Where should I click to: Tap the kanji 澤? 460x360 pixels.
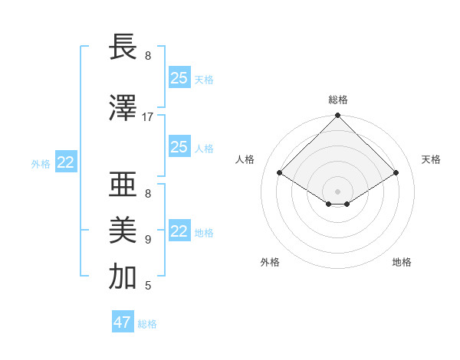[123, 108]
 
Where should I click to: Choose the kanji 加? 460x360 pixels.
[123, 277]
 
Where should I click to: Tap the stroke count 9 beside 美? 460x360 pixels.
[148, 239]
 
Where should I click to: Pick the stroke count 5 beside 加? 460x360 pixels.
[148, 286]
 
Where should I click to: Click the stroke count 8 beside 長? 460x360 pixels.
[148, 56]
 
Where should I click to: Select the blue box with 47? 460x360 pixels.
[123, 322]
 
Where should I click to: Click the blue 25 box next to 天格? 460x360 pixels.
[179, 78]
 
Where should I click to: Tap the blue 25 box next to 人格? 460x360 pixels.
[179, 147]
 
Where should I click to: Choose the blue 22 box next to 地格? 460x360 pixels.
[179, 231]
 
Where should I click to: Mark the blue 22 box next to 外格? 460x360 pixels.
[66, 162]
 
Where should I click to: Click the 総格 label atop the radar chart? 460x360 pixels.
[337, 100]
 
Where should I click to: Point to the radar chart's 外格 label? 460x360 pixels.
[270, 263]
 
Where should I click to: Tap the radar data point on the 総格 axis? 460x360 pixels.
[337, 116]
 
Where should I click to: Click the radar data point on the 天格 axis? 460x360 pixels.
[396, 173]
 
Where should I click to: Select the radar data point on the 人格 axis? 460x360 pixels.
[280, 173]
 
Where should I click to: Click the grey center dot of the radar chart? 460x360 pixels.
[337, 190]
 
